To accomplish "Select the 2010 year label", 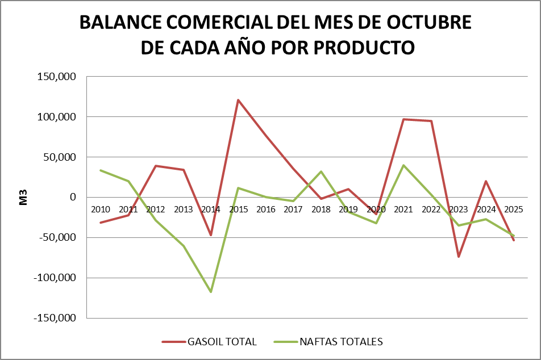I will click(x=101, y=210).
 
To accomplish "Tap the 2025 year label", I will click(x=513, y=210).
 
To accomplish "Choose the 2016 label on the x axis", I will click(x=265, y=210).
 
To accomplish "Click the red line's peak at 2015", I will click(x=238, y=100).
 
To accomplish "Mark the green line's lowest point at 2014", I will click(x=211, y=292).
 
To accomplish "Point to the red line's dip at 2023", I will click(x=459, y=257).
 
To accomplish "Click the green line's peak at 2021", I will click(x=403, y=165).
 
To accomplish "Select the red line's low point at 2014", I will click(x=211, y=235).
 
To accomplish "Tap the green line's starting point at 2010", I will click(x=101, y=170).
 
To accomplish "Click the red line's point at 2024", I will click(x=486, y=181).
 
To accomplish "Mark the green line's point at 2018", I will click(x=321, y=171).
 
